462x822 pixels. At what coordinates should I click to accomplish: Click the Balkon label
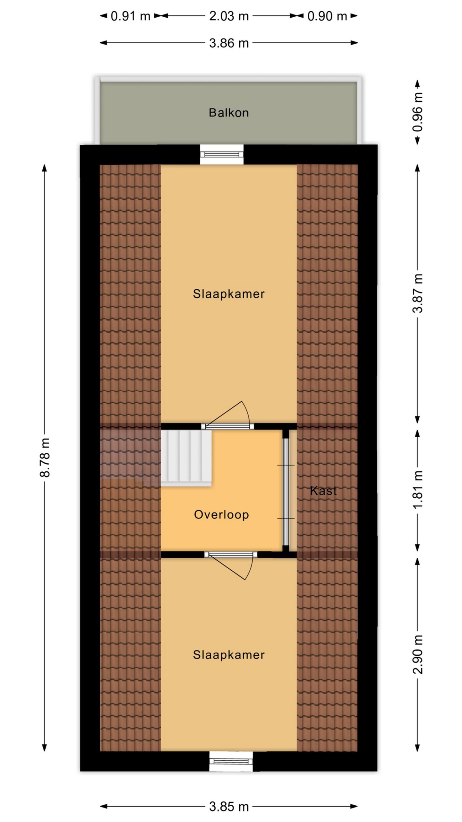(x=228, y=113)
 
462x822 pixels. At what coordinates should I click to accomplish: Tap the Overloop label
(x=221, y=514)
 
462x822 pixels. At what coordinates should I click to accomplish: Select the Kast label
(x=323, y=491)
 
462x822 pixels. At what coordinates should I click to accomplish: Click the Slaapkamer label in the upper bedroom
(x=228, y=294)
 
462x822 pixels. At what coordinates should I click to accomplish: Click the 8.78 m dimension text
(x=45, y=457)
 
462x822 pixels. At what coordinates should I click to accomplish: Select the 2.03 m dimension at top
(x=229, y=16)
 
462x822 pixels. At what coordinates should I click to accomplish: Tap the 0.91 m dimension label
(x=130, y=16)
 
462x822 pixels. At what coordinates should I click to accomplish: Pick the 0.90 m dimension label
(x=327, y=16)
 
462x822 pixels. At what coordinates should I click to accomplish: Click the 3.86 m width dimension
(x=229, y=43)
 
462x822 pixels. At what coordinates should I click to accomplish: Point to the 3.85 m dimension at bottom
(x=229, y=806)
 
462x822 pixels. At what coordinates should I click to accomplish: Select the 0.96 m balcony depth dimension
(x=418, y=112)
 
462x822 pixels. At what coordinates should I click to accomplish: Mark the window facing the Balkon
(x=222, y=154)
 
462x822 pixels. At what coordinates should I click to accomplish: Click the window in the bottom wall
(x=231, y=761)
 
